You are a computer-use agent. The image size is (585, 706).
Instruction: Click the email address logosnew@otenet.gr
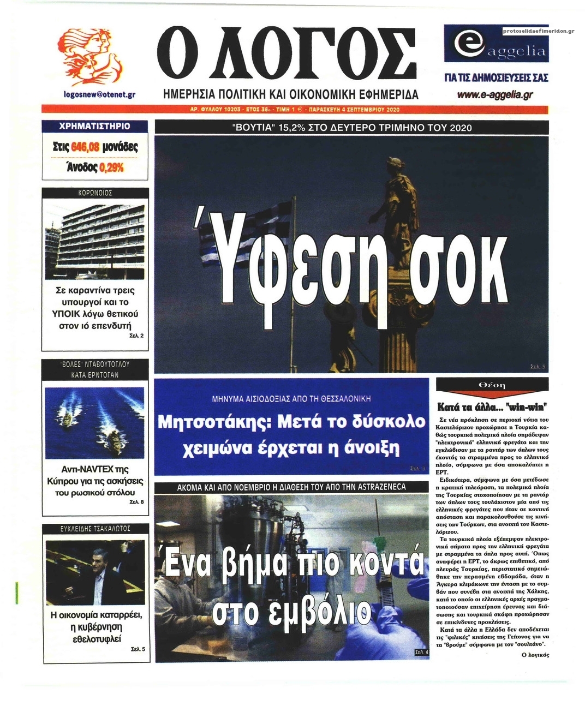(x=99, y=94)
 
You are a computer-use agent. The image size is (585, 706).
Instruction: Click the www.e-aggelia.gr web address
(x=494, y=95)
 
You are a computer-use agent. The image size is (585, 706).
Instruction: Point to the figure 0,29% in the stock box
(x=111, y=167)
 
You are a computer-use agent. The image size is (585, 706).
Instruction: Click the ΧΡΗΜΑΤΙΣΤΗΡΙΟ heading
(x=94, y=126)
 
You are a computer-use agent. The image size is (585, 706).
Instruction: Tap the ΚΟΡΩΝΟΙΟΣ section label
(x=94, y=193)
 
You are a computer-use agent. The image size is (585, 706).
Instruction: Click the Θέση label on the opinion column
(x=492, y=385)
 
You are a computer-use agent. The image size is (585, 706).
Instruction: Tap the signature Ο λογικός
(x=535, y=654)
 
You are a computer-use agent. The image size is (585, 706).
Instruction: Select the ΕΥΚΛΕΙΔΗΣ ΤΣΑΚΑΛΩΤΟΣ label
(x=95, y=528)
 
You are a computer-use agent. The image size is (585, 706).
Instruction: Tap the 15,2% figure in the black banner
(x=295, y=128)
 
